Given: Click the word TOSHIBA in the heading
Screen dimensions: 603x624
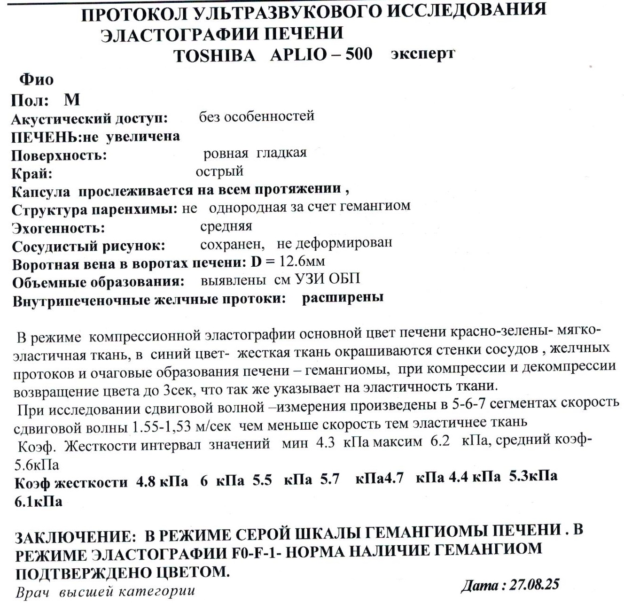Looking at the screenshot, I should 214,55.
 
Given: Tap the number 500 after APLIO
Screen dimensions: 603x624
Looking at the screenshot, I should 359,54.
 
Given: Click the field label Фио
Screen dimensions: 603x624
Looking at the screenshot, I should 36,79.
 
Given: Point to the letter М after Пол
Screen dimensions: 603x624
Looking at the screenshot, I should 72,100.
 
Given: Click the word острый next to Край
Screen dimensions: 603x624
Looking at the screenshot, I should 219,171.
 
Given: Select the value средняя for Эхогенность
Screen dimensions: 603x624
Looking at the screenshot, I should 226,226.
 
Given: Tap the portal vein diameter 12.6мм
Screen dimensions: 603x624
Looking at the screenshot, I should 302,261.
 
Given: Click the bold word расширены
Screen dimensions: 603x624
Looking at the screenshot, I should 343,297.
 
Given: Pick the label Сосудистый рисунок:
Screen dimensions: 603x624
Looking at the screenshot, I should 88,246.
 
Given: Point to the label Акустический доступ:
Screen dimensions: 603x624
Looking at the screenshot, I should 89,119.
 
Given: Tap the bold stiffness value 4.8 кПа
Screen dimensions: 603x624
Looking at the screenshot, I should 162,482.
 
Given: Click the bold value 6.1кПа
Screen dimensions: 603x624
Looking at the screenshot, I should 39,502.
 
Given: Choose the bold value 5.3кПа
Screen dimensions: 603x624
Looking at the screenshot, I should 533,476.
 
